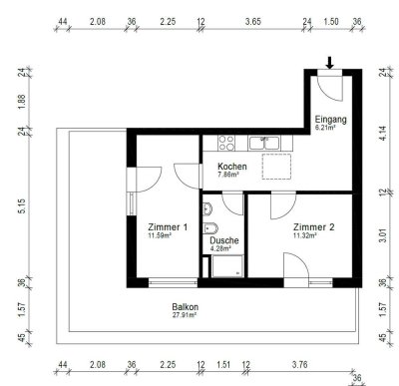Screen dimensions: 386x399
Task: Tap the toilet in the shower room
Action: [x=205, y=209]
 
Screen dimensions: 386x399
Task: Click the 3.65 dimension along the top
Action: [x=254, y=19]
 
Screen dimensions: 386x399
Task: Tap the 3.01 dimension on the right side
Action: [x=384, y=235]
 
